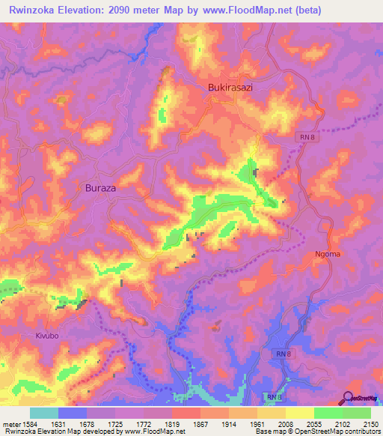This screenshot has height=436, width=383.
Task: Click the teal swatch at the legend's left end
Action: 43,413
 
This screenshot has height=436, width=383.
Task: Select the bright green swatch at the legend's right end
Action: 356,413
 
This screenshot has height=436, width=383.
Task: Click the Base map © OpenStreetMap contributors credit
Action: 317,432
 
